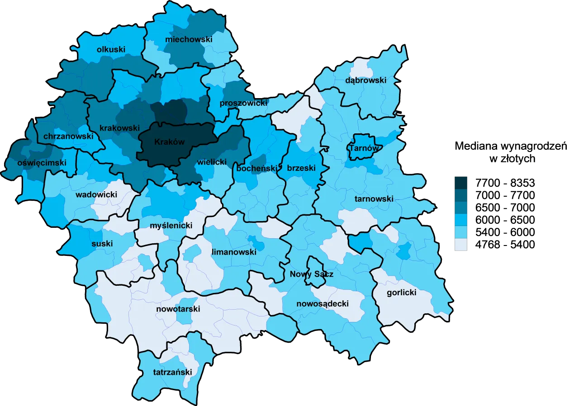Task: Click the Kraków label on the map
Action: pos(170,142)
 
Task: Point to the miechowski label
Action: pos(189,40)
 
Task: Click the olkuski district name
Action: pos(111,50)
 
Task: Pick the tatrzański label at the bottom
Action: pos(172,373)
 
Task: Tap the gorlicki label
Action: pos(401,293)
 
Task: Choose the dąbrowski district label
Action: pos(365,80)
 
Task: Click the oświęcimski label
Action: pos(42,163)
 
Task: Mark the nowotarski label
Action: pos(178,309)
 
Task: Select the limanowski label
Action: pos(234,252)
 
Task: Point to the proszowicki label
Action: pos(243,104)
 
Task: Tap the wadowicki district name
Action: pos(96,195)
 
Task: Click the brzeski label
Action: pos(301,168)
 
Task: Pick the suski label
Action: pos(102,244)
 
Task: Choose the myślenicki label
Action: pos(171,226)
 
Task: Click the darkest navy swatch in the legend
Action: pos(461,183)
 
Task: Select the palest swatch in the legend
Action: pos(461,245)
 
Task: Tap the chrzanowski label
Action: pos(68,136)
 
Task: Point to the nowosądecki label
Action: pos(323,304)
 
